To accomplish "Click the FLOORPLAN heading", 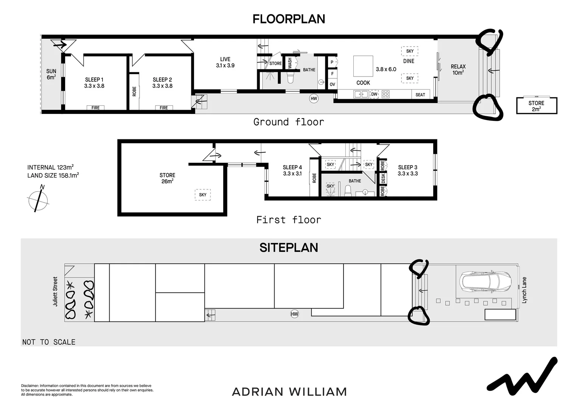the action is tap(289, 19).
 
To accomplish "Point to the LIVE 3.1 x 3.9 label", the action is tap(225, 62).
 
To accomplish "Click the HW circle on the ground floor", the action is tap(314, 98).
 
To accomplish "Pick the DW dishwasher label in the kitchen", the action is tap(374, 94).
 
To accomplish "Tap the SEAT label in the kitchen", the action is tap(420, 95).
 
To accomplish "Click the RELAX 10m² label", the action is tap(458, 70).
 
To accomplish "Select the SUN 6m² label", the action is tap(51, 74).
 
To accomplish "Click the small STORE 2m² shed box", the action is tap(537, 106).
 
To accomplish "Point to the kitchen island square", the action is tap(363, 66).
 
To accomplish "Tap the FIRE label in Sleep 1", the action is tap(95, 108).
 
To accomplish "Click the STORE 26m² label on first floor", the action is tap(167, 178).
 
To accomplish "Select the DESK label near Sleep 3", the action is tap(383, 178).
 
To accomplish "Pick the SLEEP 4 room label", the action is tap(292, 170).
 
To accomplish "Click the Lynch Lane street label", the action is tap(524, 290).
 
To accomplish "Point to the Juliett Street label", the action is tap(55, 292).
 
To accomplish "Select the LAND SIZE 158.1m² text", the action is tap(53, 175).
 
